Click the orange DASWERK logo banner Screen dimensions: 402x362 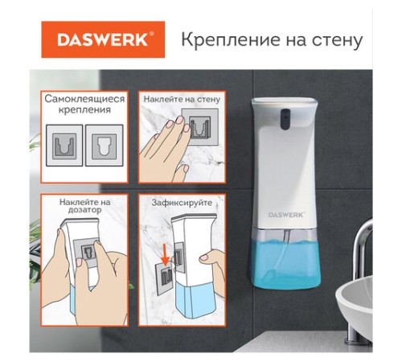(x=103, y=39)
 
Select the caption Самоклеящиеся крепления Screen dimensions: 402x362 (x=84, y=104)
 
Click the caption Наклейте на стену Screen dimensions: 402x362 (x=182, y=99)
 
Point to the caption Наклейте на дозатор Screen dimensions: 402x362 (x=84, y=205)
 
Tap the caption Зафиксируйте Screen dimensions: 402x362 (x=182, y=203)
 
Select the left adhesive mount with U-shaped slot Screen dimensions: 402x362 (x=64, y=146)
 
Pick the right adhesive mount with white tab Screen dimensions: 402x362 (x=105, y=146)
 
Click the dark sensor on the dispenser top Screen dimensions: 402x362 (x=285, y=119)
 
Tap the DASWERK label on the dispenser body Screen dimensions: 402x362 (x=285, y=215)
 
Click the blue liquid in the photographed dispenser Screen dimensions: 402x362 (x=286, y=263)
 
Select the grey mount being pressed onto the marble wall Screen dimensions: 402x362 (x=200, y=127)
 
